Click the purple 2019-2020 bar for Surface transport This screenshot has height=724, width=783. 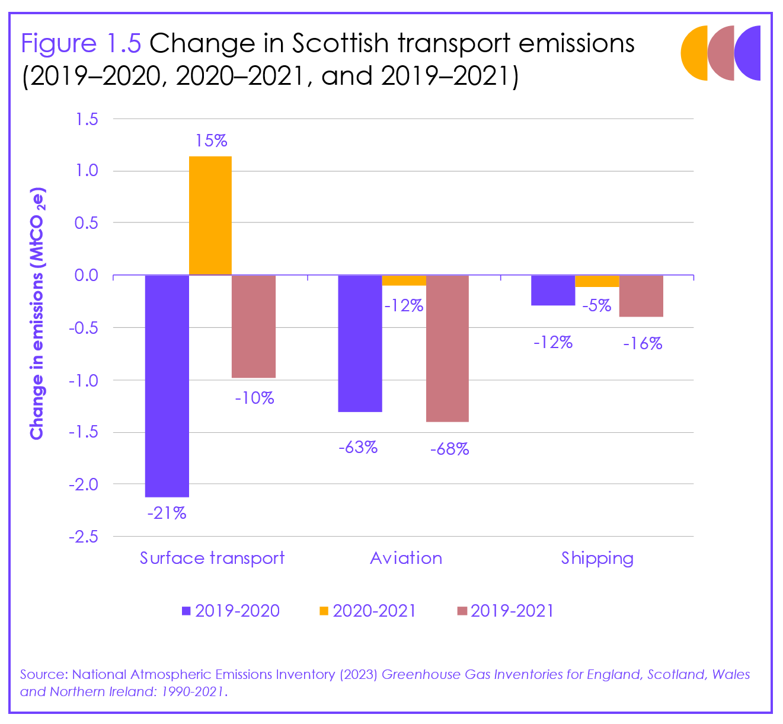pos(167,385)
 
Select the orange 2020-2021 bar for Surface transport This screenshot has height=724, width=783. pos(210,215)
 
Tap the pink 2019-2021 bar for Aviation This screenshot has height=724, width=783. pos(448,348)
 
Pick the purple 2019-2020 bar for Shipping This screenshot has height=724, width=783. pos(553,290)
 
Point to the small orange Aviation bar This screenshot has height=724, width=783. pos(404,280)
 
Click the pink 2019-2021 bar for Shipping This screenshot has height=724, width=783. pos(641,296)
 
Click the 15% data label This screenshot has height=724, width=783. pos(212,141)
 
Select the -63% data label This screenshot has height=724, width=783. pos(358,447)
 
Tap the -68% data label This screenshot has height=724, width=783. pos(449,449)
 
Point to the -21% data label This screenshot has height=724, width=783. pos(167,513)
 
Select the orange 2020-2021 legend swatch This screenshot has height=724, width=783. pos(324,611)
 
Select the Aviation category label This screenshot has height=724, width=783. pos(406,558)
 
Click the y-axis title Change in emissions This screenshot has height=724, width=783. pos(37,314)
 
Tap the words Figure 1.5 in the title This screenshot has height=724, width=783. pos(81,43)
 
